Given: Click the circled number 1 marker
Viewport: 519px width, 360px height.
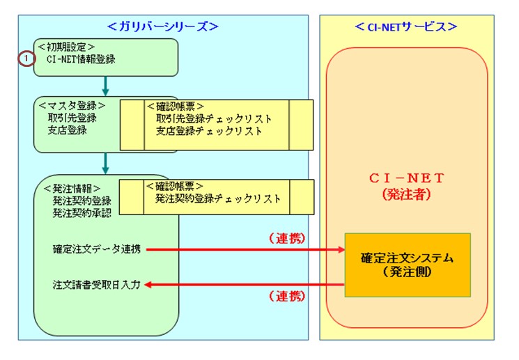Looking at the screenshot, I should click(x=25, y=59).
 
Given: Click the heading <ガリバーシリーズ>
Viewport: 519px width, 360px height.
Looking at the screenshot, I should click(x=163, y=26).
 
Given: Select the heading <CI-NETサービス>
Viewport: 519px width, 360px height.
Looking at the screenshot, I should click(x=405, y=26).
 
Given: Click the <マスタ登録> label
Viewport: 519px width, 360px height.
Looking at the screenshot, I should click(x=73, y=106).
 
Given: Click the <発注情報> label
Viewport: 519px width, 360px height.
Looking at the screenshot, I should click(x=72, y=188).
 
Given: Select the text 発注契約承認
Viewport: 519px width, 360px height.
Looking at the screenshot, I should click(x=82, y=212).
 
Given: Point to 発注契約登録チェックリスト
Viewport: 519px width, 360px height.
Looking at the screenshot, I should click(x=218, y=198).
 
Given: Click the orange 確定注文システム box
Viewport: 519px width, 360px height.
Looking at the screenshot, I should click(x=408, y=265).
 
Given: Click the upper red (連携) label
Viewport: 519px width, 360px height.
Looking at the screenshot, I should click(x=286, y=237).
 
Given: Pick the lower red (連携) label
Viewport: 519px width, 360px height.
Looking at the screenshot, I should click(x=286, y=296).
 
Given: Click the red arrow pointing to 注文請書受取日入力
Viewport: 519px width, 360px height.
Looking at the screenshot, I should click(x=244, y=284).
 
